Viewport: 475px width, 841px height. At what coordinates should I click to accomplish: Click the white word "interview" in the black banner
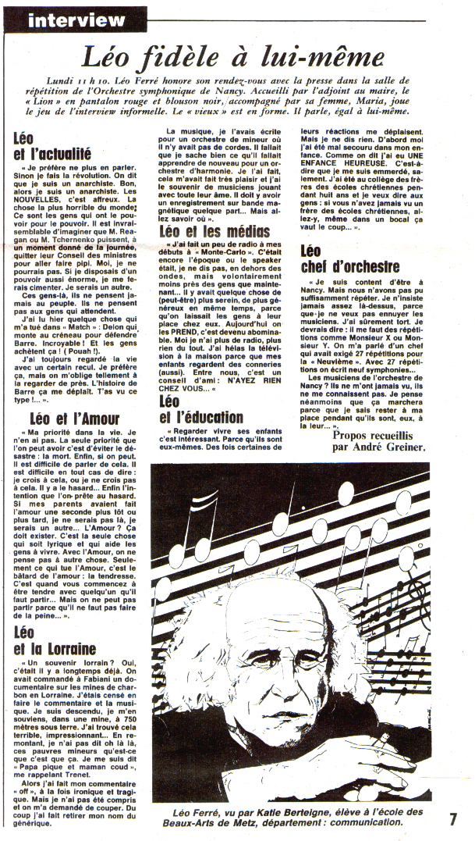76,20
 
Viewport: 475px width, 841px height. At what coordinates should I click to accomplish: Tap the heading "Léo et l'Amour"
75,418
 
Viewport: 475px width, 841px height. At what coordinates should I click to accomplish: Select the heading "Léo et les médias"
214,231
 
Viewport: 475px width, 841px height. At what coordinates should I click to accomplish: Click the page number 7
453,819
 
